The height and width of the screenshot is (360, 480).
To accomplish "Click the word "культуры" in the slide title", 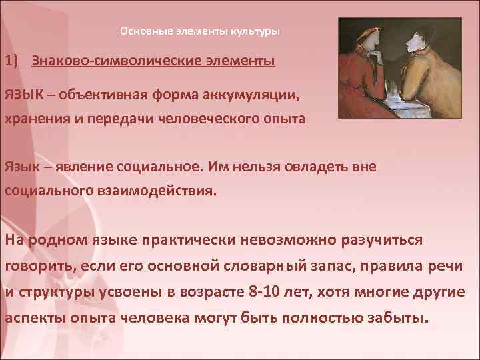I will tap(255, 31).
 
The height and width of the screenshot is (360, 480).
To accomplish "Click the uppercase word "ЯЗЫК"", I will tap(25, 95).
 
